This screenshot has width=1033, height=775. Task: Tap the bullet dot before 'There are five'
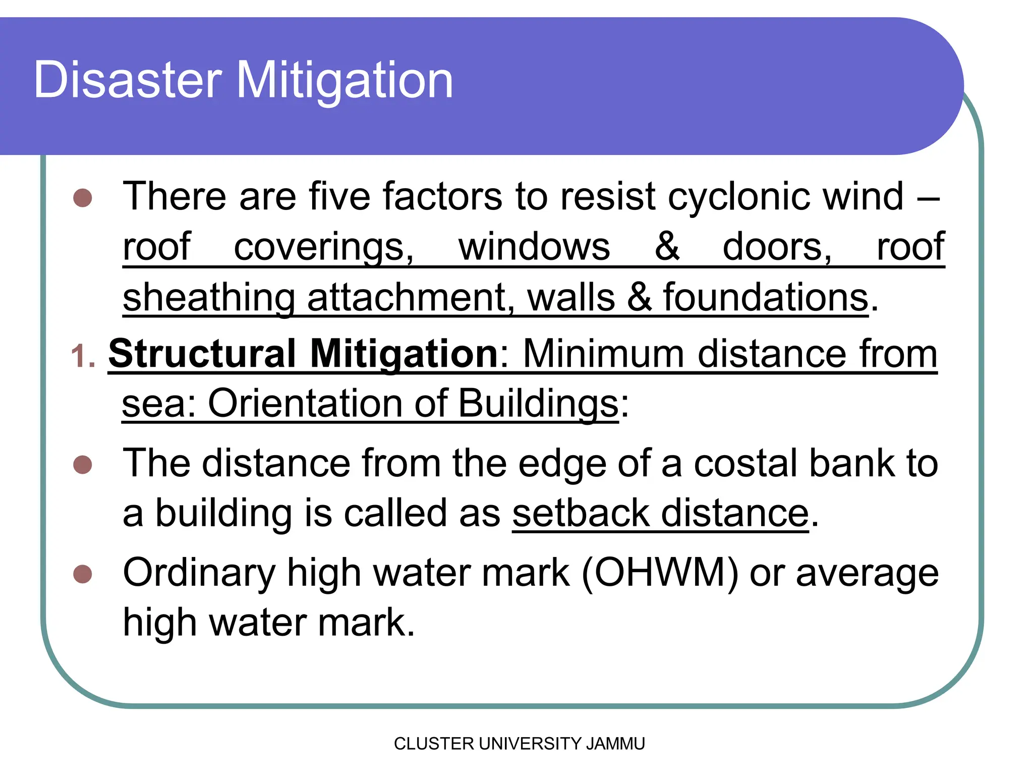(x=83, y=198)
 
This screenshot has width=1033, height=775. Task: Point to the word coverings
(x=323, y=247)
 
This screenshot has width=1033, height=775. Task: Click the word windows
(x=534, y=247)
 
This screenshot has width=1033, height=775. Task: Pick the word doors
(x=777, y=247)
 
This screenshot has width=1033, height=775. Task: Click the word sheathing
(x=208, y=297)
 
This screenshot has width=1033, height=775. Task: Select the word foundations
(x=766, y=297)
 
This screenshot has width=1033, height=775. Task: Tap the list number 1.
(x=82, y=356)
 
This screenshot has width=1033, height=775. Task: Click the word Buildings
(x=538, y=403)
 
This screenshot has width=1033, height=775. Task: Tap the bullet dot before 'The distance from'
(x=83, y=465)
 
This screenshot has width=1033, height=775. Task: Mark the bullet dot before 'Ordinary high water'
(x=83, y=574)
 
